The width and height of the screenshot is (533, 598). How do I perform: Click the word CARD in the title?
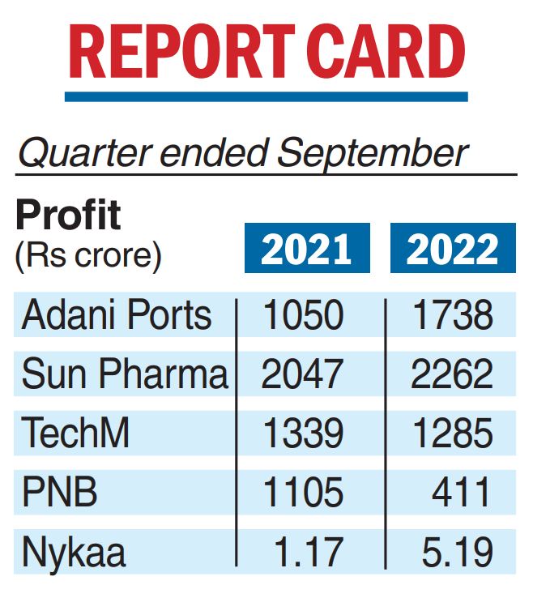390,54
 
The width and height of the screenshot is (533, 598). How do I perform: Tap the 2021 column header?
306,249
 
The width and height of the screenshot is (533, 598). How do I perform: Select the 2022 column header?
453,249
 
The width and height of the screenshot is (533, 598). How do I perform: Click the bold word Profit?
68,216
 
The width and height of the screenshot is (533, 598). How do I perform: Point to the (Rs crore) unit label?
88,256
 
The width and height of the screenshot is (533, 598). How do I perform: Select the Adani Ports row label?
117,314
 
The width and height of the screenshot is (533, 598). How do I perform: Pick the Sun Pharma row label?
124,374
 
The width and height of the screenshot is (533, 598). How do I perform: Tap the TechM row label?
75,434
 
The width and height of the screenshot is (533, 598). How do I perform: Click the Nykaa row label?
74,553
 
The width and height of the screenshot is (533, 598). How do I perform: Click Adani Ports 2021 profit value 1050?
303,314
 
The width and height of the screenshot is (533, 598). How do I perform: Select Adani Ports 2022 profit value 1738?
452,314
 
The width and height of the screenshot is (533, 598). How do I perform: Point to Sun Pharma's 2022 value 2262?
452,374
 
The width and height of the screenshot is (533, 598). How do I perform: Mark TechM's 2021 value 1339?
303,434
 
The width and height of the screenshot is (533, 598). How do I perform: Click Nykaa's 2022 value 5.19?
457,553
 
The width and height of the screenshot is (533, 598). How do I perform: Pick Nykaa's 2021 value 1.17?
309,553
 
